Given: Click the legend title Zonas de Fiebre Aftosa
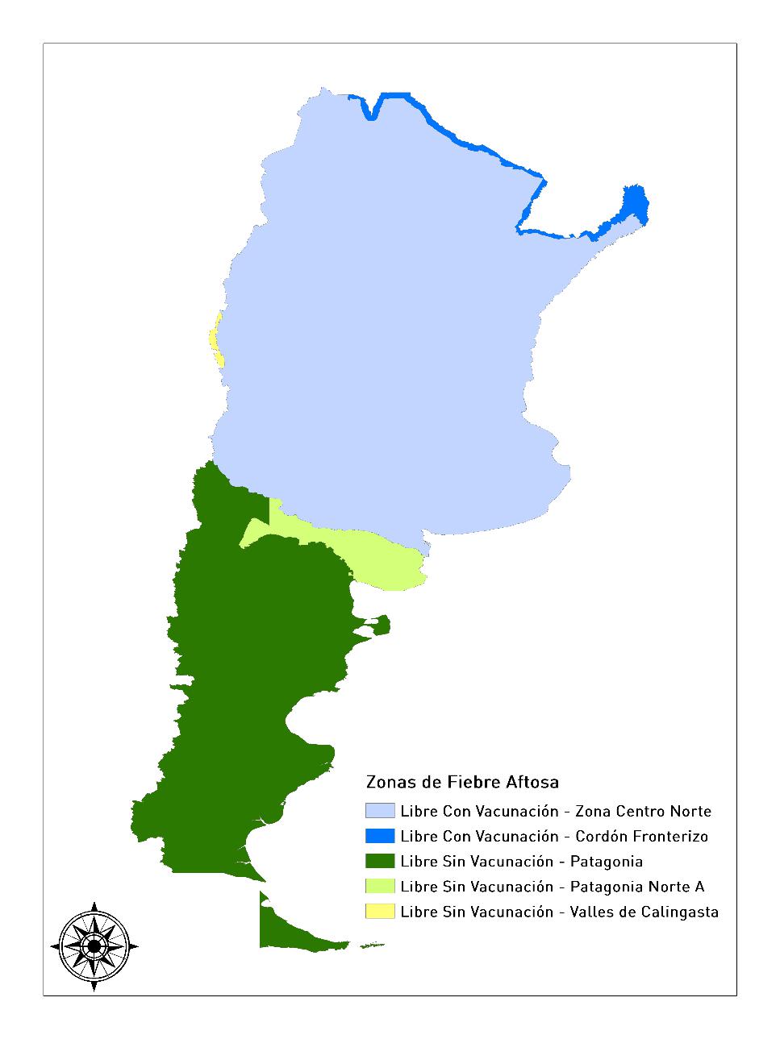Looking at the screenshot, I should coord(462,782).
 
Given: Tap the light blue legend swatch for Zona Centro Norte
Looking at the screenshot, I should coord(380,811).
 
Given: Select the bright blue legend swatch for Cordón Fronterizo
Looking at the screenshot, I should coord(380,836).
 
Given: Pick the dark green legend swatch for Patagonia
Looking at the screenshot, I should coord(380,861).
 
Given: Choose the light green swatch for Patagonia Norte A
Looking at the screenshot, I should coord(380,887).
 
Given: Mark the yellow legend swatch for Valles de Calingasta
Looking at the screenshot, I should coord(380,912).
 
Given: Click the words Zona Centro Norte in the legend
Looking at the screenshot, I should coord(644,811).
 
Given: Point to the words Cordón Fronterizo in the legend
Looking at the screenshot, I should coord(642,836).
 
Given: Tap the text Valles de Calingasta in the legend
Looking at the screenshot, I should coord(644,912).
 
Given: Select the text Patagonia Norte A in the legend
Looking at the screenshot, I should coord(637,887).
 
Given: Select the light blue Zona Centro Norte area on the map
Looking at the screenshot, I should coord(387,322).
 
